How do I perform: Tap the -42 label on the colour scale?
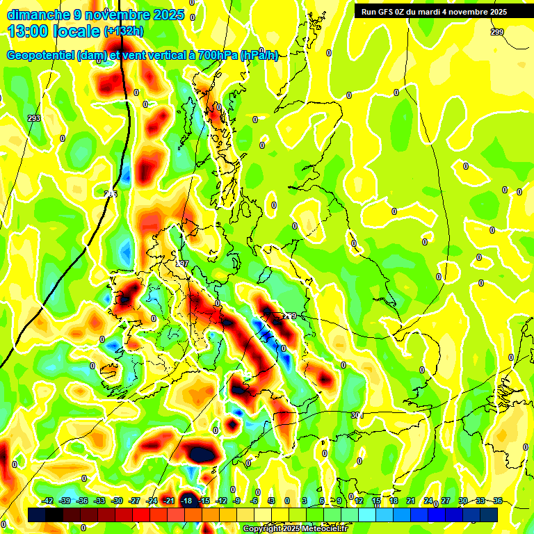pyautogui.click(x=48, y=501)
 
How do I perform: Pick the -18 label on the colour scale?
pyautogui.click(x=186, y=501)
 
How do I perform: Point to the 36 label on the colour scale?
pyautogui.click(x=498, y=501)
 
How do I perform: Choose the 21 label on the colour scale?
pyautogui.click(x=411, y=501)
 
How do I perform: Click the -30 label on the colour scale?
pyautogui.click(x=118, y=501)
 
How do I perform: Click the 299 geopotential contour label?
pyautogui.click(x=496, y=32)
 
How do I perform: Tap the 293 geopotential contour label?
pyautogui.click(x=34, y=118)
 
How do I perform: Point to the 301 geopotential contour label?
pyautogui.click(x=357, y=415)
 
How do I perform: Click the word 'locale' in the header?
pyautogui.click(x=76, y=31)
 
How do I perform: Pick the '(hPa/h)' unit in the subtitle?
pyautogui.click(x=259, y=56)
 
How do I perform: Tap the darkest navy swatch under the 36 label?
pyautogui.click(x=489, y=515)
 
